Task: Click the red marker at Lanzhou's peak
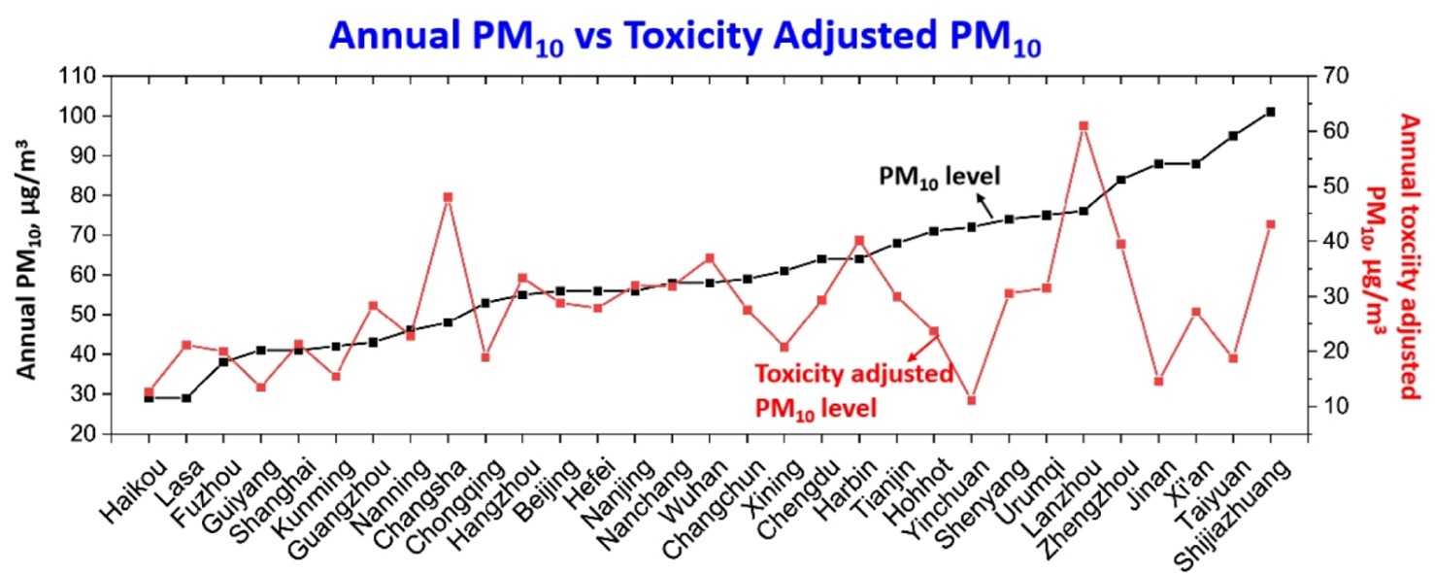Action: [1084, 125]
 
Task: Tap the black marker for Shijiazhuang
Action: [1271, 113]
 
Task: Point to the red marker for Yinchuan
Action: [971, 400]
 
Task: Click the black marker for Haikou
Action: [149, 398]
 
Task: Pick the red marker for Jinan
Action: [1158, 381]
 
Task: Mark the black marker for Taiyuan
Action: [1233, 136]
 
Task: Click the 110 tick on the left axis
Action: [82, 77]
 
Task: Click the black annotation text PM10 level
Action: [939, 176]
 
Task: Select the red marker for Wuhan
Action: [710, 258]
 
